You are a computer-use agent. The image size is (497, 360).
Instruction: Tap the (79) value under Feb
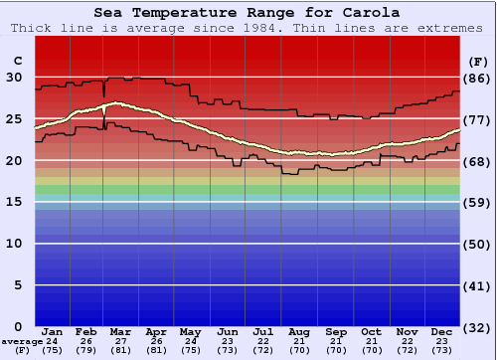point(85,350)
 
